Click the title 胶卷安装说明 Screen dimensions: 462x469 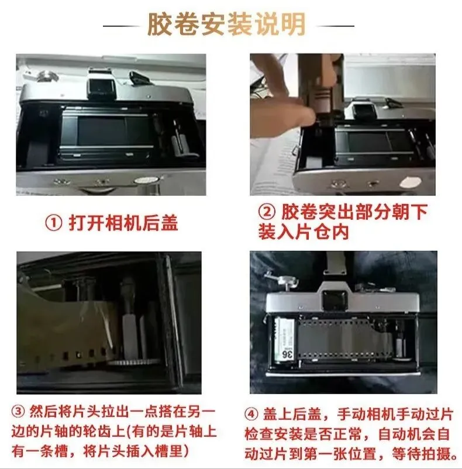226,24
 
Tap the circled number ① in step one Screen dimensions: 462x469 54,223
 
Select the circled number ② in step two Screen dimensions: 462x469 267,212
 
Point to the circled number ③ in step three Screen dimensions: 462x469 19,412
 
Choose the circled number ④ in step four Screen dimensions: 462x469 251,415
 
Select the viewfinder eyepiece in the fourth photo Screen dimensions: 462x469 334,301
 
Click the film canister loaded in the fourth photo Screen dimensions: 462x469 285,340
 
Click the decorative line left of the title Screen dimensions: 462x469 122,26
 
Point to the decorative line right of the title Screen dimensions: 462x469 335,26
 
